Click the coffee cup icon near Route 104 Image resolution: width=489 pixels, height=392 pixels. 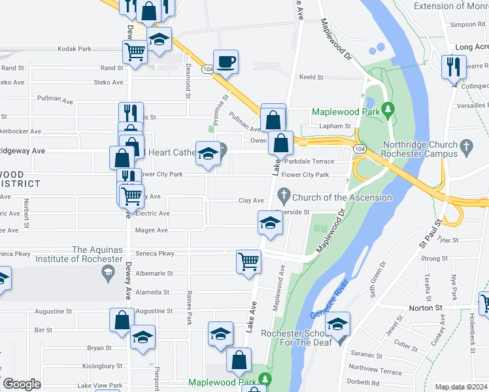click(226, 62)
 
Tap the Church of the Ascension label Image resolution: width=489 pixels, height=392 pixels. click(342, 197)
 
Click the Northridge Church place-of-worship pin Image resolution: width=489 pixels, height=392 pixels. click(465, 144)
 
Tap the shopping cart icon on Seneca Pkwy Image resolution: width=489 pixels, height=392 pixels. click(248, 261)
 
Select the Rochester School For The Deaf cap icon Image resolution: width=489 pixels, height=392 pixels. click(337, 324)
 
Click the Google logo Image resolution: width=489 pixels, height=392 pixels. click(22, 384)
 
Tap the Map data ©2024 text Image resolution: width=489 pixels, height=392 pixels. click(461, 387)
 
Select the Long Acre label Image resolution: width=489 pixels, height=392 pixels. click(471, 47)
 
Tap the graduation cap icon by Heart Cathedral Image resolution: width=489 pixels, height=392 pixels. click(208, 154)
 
